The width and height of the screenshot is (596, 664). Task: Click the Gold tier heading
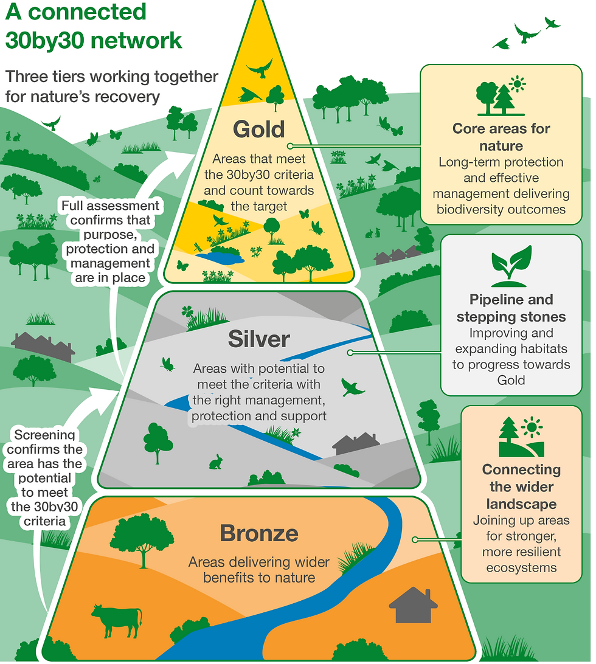click(258, 129)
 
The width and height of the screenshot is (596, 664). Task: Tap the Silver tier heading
click(259, 339)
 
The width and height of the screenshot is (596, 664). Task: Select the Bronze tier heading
click(259, 533)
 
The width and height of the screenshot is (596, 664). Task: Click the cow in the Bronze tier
click(117, 621)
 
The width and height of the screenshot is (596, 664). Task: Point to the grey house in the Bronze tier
click(413, 605)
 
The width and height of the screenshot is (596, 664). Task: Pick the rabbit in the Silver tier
click(216, 462)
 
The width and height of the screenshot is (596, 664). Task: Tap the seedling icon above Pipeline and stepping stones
click(511, 266)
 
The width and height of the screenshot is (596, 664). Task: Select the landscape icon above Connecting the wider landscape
click(521, 437)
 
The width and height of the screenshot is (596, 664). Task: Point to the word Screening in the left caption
click(44, 435)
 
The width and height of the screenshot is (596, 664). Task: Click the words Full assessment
click(110, 206)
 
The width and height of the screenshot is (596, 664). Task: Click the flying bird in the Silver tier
click(353, 387)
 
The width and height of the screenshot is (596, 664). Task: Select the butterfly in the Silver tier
click(168, 364)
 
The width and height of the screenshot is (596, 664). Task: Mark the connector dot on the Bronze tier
click(415, 539)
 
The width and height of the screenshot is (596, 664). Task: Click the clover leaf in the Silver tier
click(187, 312)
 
